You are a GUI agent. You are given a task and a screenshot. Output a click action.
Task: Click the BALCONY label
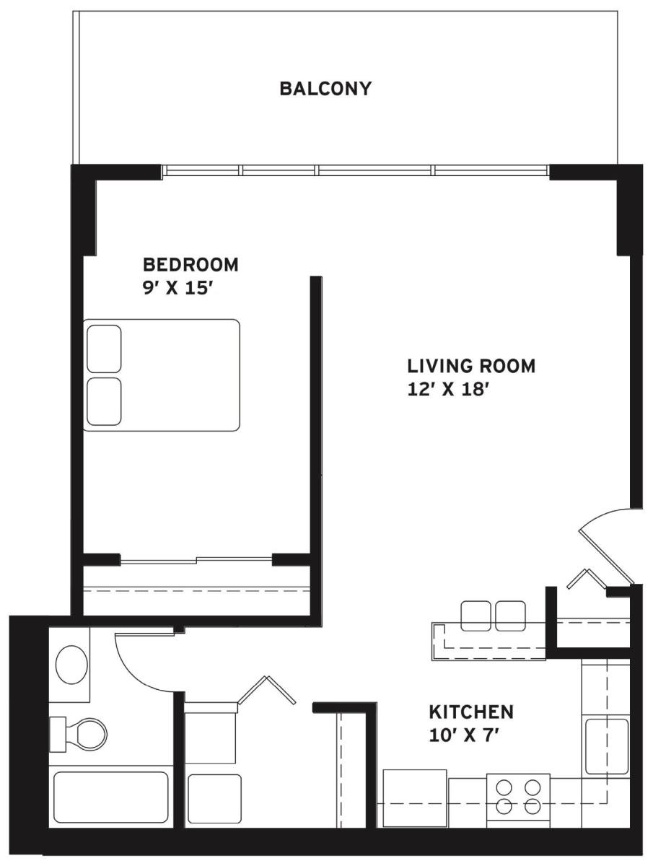325,89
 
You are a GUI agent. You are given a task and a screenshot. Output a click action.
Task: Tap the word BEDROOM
190,265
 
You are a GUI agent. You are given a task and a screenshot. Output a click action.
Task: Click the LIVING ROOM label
471,366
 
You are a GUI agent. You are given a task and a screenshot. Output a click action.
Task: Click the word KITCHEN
471,712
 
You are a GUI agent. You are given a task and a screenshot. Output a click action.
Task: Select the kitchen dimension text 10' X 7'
461,736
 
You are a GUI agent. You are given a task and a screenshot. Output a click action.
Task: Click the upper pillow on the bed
104,349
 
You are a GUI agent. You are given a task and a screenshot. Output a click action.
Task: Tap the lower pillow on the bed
104,402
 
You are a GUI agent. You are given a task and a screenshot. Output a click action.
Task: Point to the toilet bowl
90,735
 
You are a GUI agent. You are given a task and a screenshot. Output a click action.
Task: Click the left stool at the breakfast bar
476,616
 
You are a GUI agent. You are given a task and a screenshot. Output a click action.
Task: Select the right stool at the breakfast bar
510,616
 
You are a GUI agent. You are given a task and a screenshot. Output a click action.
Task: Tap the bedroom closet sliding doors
196,559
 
